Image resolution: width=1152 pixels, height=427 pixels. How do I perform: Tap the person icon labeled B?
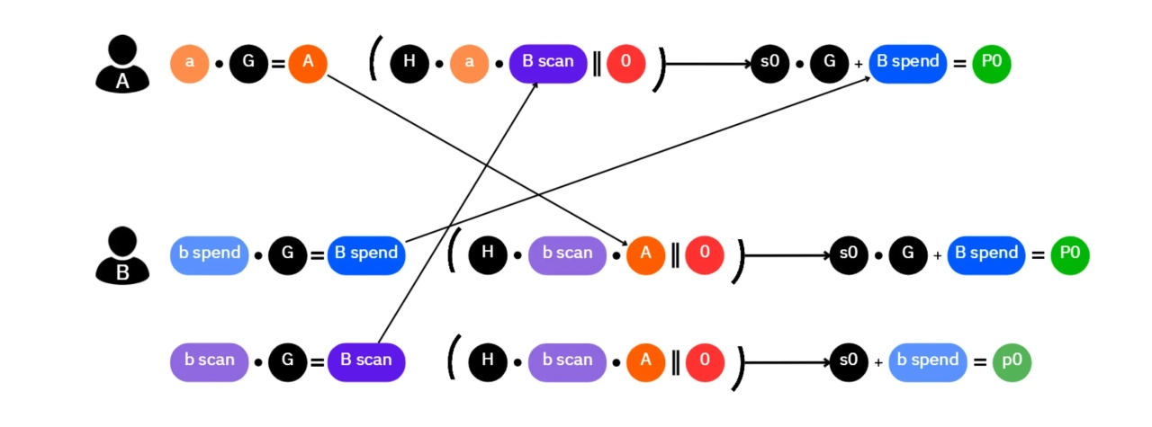[121, 254]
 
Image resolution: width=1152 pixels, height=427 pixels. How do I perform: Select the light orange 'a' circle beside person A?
[189, 63]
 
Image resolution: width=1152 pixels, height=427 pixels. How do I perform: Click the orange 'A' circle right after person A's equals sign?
[308, 63]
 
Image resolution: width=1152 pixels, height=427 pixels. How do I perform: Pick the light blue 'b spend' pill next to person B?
[209, 254]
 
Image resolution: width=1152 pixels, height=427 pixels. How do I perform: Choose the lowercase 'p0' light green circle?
[1012, 361]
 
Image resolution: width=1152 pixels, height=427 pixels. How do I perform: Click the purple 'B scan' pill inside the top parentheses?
[548, 63]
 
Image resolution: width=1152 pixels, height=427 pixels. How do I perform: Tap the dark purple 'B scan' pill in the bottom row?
[366, 361]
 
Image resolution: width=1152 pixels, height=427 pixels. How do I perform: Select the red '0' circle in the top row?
[625, 63]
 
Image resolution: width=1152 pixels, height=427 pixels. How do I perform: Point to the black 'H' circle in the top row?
[409, 63]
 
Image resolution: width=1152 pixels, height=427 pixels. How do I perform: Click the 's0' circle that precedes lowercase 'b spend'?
[848, 361]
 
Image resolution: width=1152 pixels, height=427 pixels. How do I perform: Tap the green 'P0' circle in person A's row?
[992, 63]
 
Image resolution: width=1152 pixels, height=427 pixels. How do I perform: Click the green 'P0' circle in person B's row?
[1070, 254]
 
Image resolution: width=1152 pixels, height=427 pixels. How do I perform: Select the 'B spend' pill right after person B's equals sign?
[366, 254]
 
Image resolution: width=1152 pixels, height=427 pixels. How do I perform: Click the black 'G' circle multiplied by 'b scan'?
[288, 361]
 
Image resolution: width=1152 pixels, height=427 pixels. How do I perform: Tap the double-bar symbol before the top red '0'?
[596, 64]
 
